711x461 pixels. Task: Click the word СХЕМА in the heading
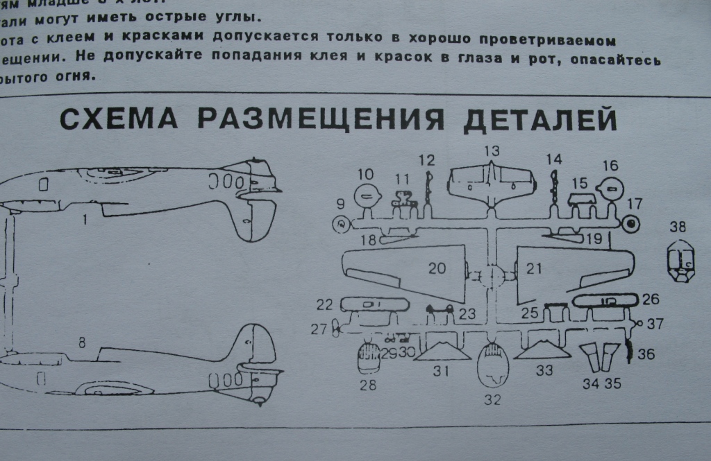coord(117,119)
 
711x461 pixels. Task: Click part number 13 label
coord(492,150)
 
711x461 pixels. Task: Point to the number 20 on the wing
coord(437,268)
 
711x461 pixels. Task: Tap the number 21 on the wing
coord(533,269)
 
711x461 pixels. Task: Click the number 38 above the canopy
coord(680,227)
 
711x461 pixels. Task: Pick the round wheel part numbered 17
coord(630,223)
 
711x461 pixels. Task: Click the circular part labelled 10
coord(366,196)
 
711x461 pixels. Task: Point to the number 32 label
coord(492,400)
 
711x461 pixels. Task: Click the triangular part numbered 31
coord(440,349)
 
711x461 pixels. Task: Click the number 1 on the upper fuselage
coord(84,220)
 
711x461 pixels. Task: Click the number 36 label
coord(646,354)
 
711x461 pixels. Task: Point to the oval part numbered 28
coord(367,359)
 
